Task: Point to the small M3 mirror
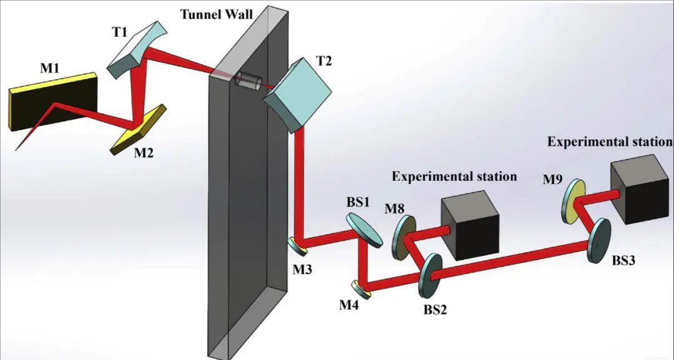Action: coord(300,245)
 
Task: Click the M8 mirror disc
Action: coord(403,237)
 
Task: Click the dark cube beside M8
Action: coord(470,227)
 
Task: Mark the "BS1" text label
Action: coord(359,204)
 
